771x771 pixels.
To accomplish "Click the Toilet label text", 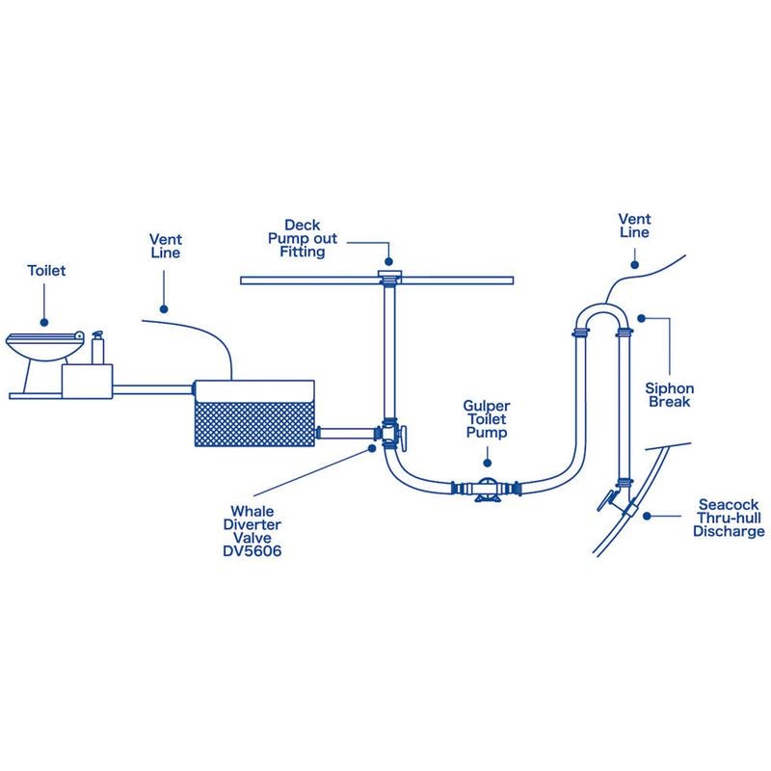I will click(x=45, y=272).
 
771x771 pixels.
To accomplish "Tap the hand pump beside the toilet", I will click(x=97, y=347).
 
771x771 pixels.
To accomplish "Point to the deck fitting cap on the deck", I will click(x=389, y=278).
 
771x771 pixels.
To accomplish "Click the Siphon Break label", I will click(x=669, y=395).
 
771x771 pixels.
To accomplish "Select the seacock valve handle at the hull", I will click(x=604, y=503).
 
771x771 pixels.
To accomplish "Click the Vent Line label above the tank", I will click(x=165, y=245).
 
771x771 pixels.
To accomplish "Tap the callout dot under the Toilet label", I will click(x=45, y=317).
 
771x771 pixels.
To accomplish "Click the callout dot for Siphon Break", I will click(x=639, y=317).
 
